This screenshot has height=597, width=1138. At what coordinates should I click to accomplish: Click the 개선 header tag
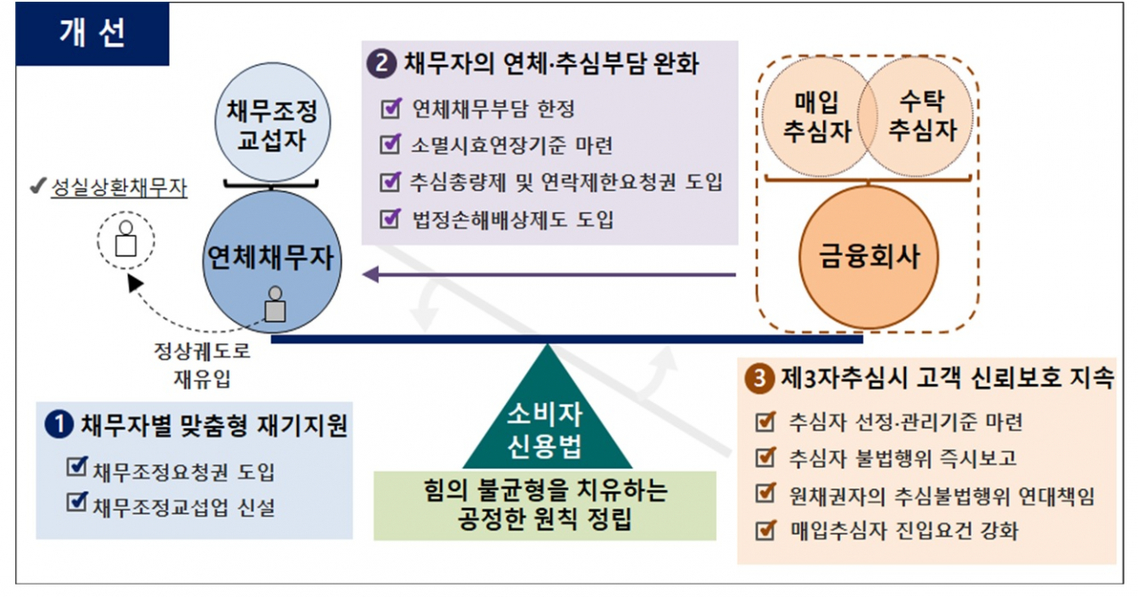[x=92, y=34]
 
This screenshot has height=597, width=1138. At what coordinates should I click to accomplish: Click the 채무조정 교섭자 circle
[x=272, y=123]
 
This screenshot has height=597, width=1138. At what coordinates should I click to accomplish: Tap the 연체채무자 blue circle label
[x=271, y=257]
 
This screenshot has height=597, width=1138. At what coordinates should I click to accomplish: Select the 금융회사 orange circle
[x=869, y=257]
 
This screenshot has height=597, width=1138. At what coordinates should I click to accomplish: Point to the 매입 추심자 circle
[x=817, y=117]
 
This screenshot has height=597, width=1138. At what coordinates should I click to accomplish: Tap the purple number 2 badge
[x=381, y=63]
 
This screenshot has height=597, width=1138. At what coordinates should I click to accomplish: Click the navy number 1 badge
[x=60, y=424]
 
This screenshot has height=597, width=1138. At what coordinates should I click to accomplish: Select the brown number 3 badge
[x=759, y=378]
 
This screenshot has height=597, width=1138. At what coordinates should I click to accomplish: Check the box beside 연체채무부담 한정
[x=390, y=108]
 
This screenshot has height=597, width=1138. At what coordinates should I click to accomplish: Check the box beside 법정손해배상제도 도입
[x=390, y=219]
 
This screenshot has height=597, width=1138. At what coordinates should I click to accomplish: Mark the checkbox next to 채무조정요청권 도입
[x=76, y=466]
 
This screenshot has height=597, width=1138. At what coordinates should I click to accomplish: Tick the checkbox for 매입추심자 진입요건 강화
[x=765, y=530]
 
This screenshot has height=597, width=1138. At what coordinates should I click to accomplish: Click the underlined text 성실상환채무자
[x=119, y=188]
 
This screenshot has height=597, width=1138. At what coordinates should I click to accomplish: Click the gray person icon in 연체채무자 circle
[x=275, y=304]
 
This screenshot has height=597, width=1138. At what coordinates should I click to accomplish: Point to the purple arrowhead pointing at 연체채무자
[x=371, y=275]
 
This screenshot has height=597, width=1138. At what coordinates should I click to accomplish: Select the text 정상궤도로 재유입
[x=202, y=365]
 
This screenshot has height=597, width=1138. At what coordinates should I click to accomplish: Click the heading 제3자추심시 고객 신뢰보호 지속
[x=948, y=378]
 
